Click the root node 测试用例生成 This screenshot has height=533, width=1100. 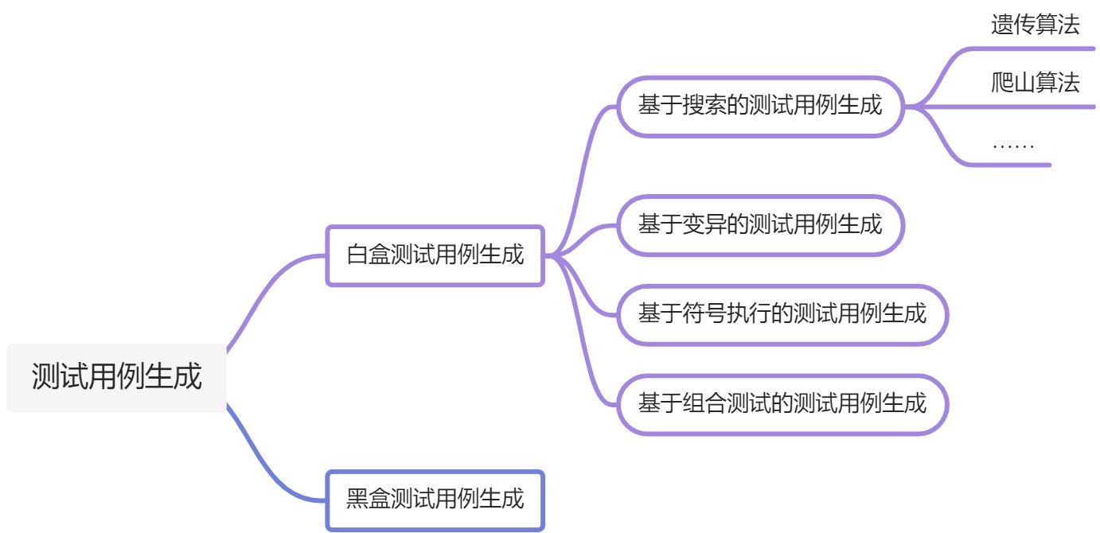pos(116,377)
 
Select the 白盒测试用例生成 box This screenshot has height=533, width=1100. pos(435,255)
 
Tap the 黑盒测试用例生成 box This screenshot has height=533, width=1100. pos(435,500)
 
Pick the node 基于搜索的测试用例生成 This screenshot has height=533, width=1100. pos(760,106)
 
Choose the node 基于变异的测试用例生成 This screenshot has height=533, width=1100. pos(760,224)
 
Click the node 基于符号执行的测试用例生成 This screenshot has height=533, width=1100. pos(782,313)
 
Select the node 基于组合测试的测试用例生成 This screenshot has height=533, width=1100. pos(782,403)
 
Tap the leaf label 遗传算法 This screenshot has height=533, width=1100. pos(1035,25)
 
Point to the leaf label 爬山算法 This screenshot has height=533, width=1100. pos(1035,83)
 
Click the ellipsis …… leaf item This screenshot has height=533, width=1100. pos(1012,145)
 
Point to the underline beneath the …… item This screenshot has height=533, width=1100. pos(1011,165)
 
